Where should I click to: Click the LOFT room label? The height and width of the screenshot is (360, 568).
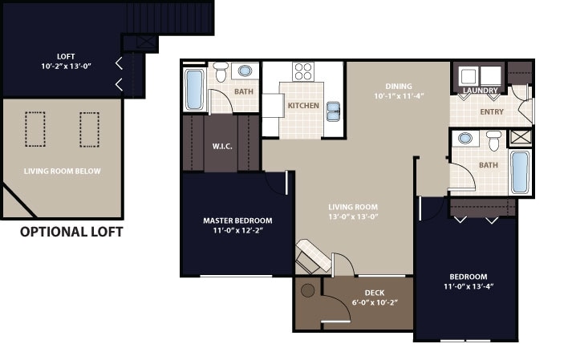click(x=66, y=57)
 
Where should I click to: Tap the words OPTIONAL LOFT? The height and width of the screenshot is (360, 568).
click(x=71, y=233)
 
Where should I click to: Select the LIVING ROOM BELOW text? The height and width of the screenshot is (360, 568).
click(x=62, y=171)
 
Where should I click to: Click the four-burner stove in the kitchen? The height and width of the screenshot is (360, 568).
click(x=303, y=71)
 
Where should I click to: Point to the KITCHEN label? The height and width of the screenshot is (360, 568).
click(x=303, y=106)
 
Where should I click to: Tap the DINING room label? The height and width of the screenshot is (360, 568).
click(x=398, y=87)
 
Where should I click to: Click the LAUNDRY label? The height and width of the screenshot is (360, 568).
click(x=480, y=91)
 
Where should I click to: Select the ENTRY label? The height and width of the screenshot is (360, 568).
click(x=492, y=112)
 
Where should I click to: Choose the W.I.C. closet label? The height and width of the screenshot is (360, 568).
click(x=221, y=146)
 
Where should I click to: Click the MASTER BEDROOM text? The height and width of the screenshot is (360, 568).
click(x=237, y=220)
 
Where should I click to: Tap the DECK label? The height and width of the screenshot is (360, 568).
click(x=375, y=293)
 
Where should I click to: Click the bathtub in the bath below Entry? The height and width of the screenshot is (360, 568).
click(x=520, y=172)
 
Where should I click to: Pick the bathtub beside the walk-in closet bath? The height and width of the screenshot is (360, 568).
click(x=194, y=89)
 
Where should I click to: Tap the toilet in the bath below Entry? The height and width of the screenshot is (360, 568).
click(x=493, y=140)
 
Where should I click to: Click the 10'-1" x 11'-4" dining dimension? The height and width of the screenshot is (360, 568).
click(x=398, y=97)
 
